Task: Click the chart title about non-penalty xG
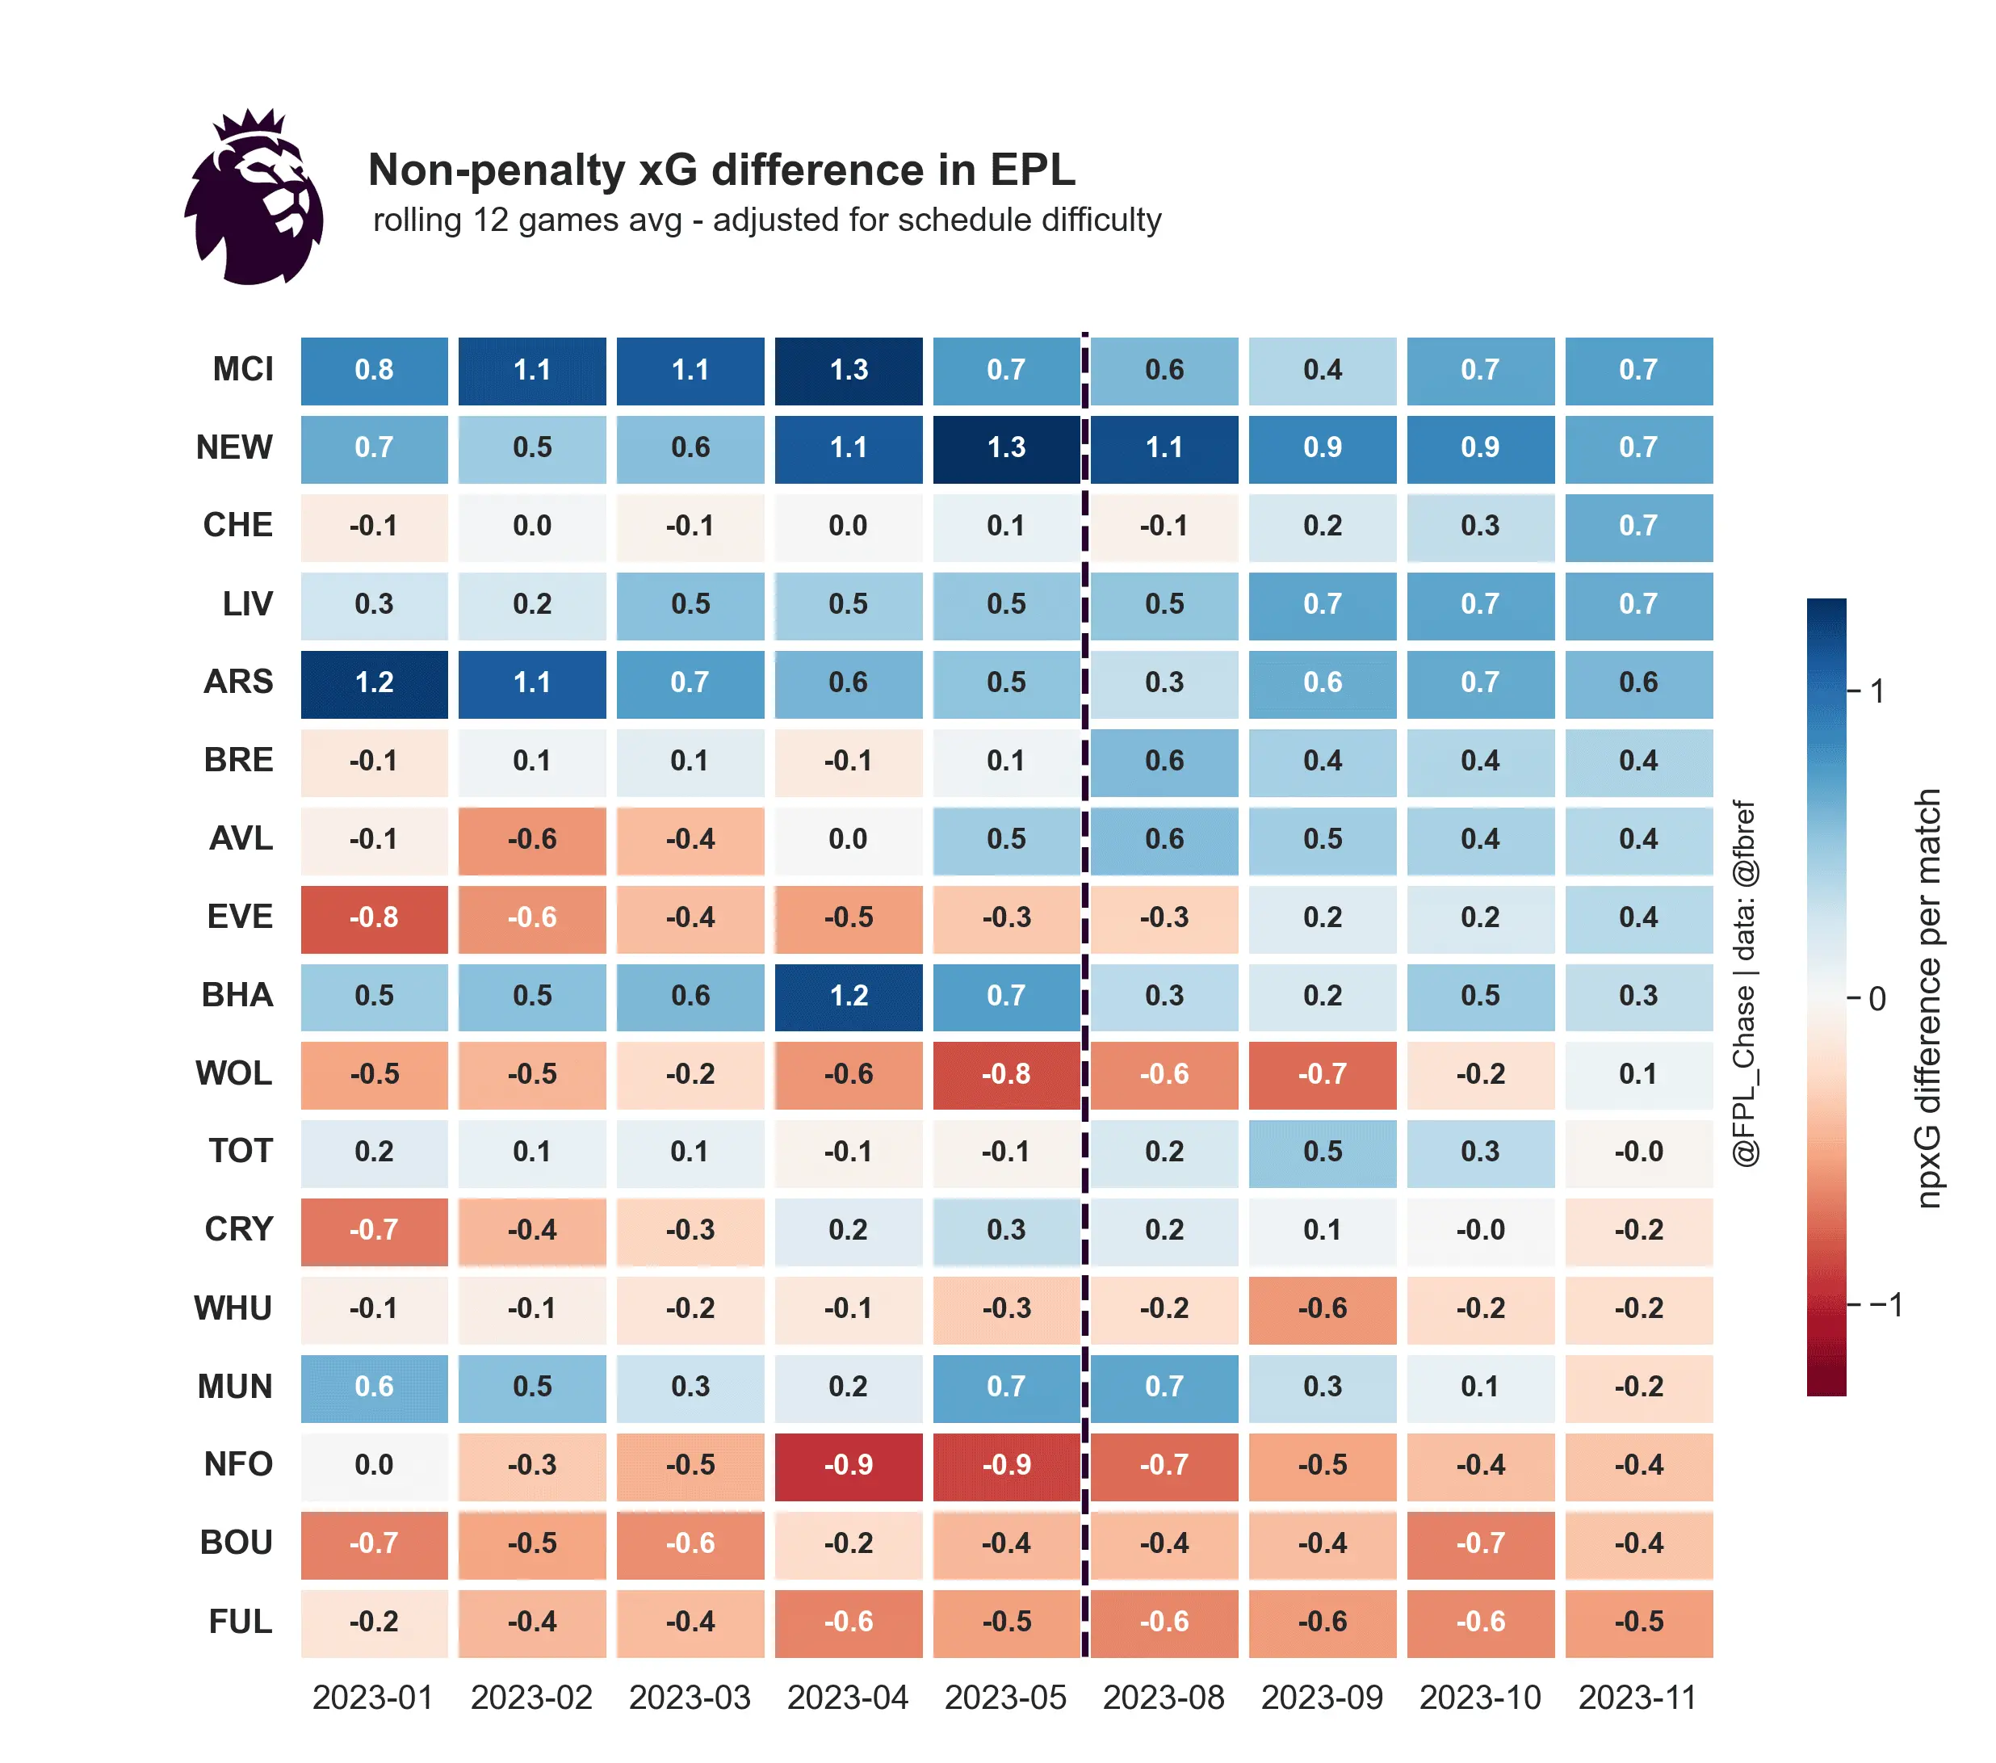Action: (x=721, y=170)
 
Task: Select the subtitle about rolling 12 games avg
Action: (x=766, y=220)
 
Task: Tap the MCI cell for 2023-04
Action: (x=848, y=370)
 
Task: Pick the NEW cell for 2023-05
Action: (x=1006, y=448)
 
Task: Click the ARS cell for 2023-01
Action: (x=374, y=682)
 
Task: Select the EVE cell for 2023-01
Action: (x=374, y=918)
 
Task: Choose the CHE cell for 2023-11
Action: (x=1637, y=527)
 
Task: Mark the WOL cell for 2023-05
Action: (x=1006, y=1074)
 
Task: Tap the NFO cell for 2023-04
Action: (x=848, y=1465)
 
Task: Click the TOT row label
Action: (x=241, y=1152)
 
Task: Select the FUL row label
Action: (x=241, y=1622)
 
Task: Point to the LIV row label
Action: (x=247, y=605)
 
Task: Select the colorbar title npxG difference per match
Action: (x=1927, y=998)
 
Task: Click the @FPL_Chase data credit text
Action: (x=1744, y=984)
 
